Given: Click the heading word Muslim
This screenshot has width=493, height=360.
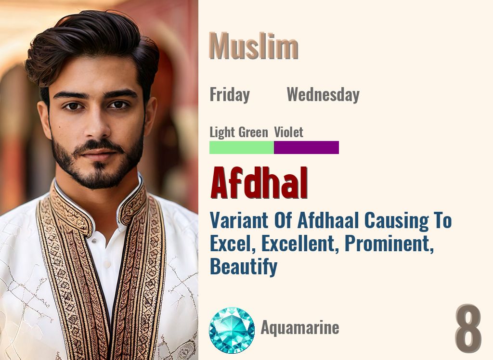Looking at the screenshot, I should (x=254, y=47).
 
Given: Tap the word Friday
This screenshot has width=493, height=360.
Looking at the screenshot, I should (x=230, y=95).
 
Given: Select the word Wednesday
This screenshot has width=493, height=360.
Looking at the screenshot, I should (x=323, y=95).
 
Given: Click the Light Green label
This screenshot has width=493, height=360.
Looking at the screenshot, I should (x=239, y=132).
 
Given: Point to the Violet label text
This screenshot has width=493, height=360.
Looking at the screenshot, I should (x=289, y=132).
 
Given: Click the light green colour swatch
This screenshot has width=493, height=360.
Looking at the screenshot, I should (x=242, y=147).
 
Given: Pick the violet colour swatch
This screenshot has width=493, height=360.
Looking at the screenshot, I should (x=306, y=147).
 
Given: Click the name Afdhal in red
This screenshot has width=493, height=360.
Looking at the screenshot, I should (x=259, y=184).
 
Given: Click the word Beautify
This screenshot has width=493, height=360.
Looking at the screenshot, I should (x=243, y=266).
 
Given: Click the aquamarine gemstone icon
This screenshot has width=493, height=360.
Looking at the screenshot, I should (x=232, y=330).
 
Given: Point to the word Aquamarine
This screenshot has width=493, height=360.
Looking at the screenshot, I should (x=300, y=328).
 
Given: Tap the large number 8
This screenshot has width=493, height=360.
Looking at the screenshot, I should (x=468, y=329).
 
